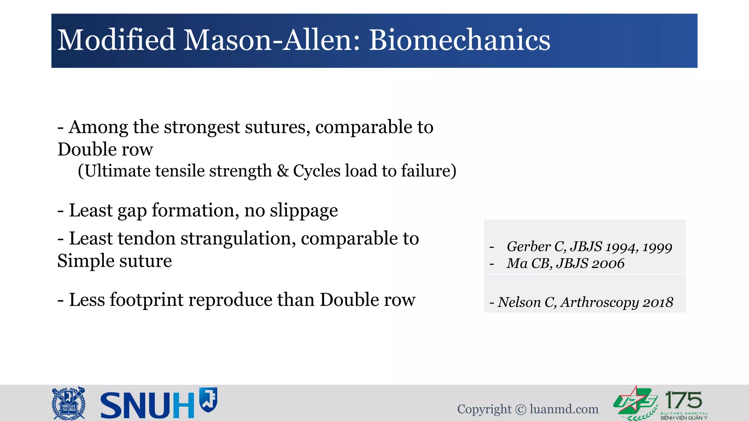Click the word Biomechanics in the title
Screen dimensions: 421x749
pyautogui.click(x=459, y=40)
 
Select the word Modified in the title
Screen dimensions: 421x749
pyautogui.click(x=116, y=40)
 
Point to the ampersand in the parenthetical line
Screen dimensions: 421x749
pyautogui.click(x=282, y=171)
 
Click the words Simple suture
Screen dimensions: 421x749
pyautogui.click(x=114, y=261)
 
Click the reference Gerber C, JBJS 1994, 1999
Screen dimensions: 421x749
pyautogui.click(x=589, y=247)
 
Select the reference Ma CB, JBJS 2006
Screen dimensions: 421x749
pyautogui.click(x=565, y=263)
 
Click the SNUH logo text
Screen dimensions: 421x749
pyautogui.click(x=147, y=405)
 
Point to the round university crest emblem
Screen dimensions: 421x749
pyautogui.click(x=69, y=403)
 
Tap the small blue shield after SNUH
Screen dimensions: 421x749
pyautogui.click(x=208, y=399)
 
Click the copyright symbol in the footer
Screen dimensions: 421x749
pyautogui.click(x=520, y=410)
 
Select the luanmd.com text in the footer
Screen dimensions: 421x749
pyautogui.click(x=564, y=409)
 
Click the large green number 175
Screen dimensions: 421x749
pyautogui.click(x=683, y=400)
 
